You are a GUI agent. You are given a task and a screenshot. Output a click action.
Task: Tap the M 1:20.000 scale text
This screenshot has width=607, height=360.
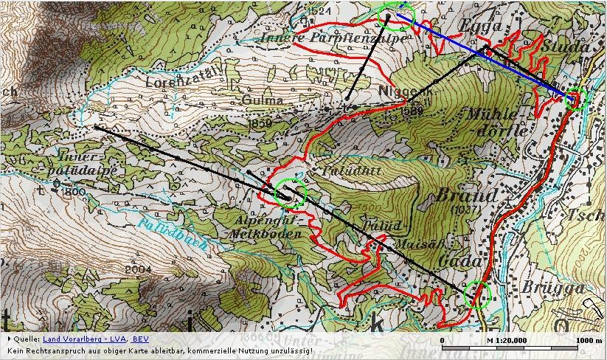pos(511,339)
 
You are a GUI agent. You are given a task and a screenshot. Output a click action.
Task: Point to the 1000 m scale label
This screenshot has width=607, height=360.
pos(587,339)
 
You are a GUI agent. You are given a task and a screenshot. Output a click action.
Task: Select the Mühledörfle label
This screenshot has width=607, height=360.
pos(496,122)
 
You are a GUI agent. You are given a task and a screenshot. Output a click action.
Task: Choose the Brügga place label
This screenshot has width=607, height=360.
pos(547,286)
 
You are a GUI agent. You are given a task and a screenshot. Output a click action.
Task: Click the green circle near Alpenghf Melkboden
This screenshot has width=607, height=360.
pos(289,193)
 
